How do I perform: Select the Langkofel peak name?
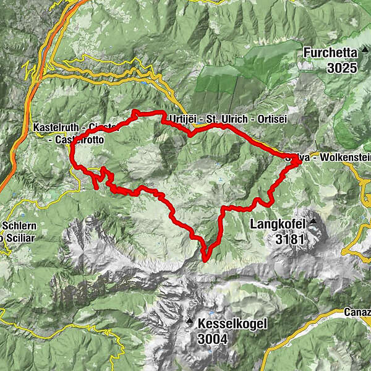pyautogui.click(x=278, y=223)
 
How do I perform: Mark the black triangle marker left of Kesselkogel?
pyautogui.click(x=189, y=322)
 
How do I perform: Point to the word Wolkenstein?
pyautogui.click(x=341, y=159)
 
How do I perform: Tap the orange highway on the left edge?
pyautogui.click(x=12, y=161)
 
